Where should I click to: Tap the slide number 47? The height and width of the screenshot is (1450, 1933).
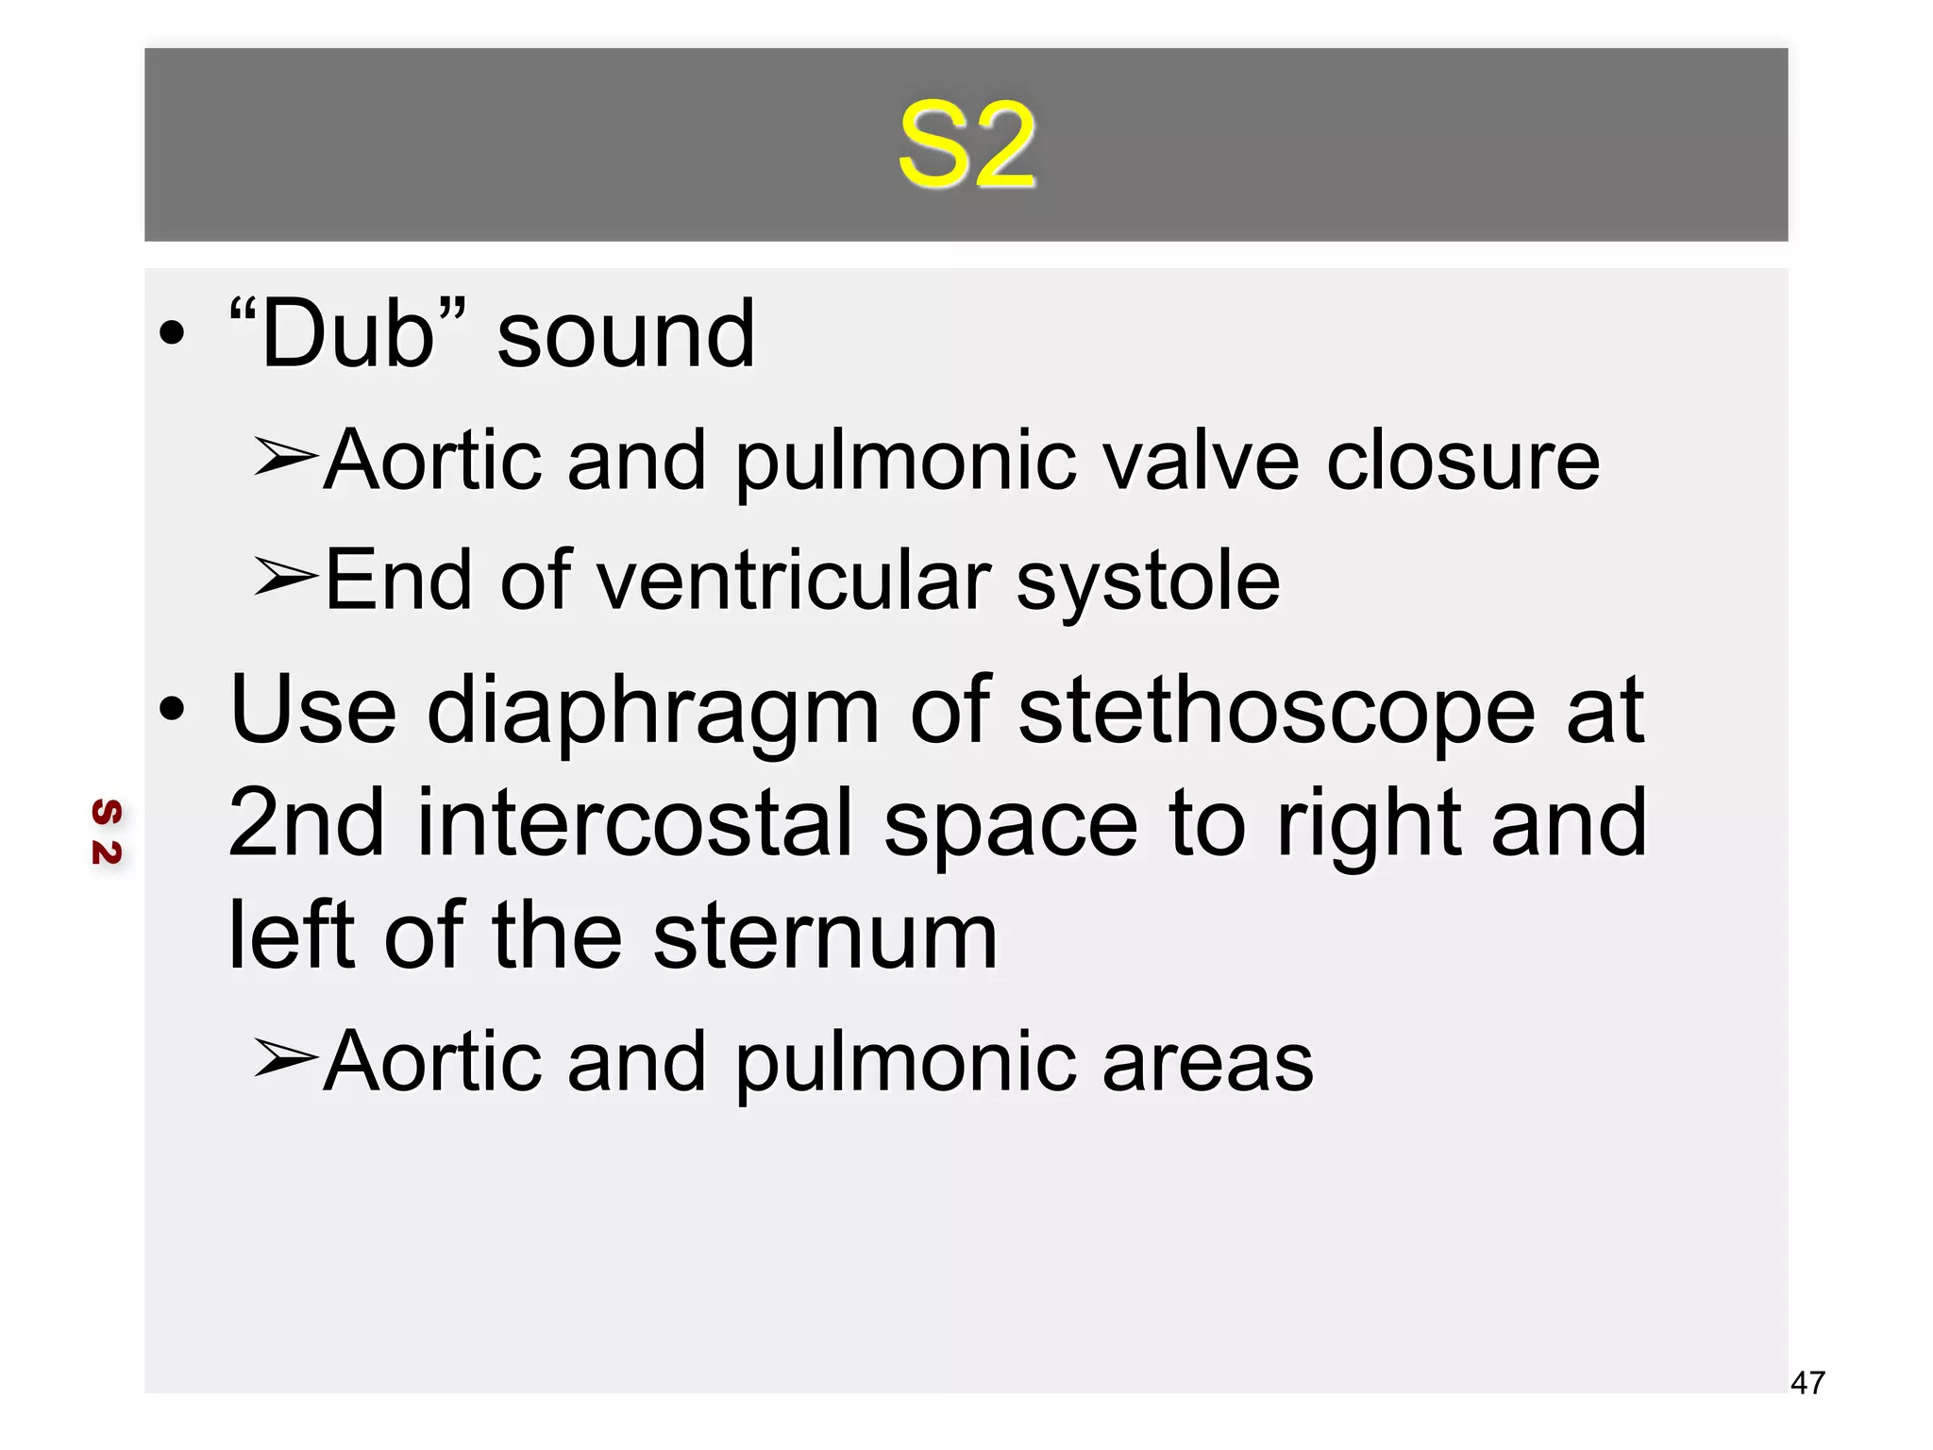[1807, 1383]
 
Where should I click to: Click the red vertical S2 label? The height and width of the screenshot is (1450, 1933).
[107, 832]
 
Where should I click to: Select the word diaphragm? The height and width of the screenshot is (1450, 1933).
[653, 713]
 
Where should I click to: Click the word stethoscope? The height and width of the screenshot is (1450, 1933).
[1276, 713]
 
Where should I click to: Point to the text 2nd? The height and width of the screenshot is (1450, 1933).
[307, 823]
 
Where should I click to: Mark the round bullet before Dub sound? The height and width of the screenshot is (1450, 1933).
[172, 332]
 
